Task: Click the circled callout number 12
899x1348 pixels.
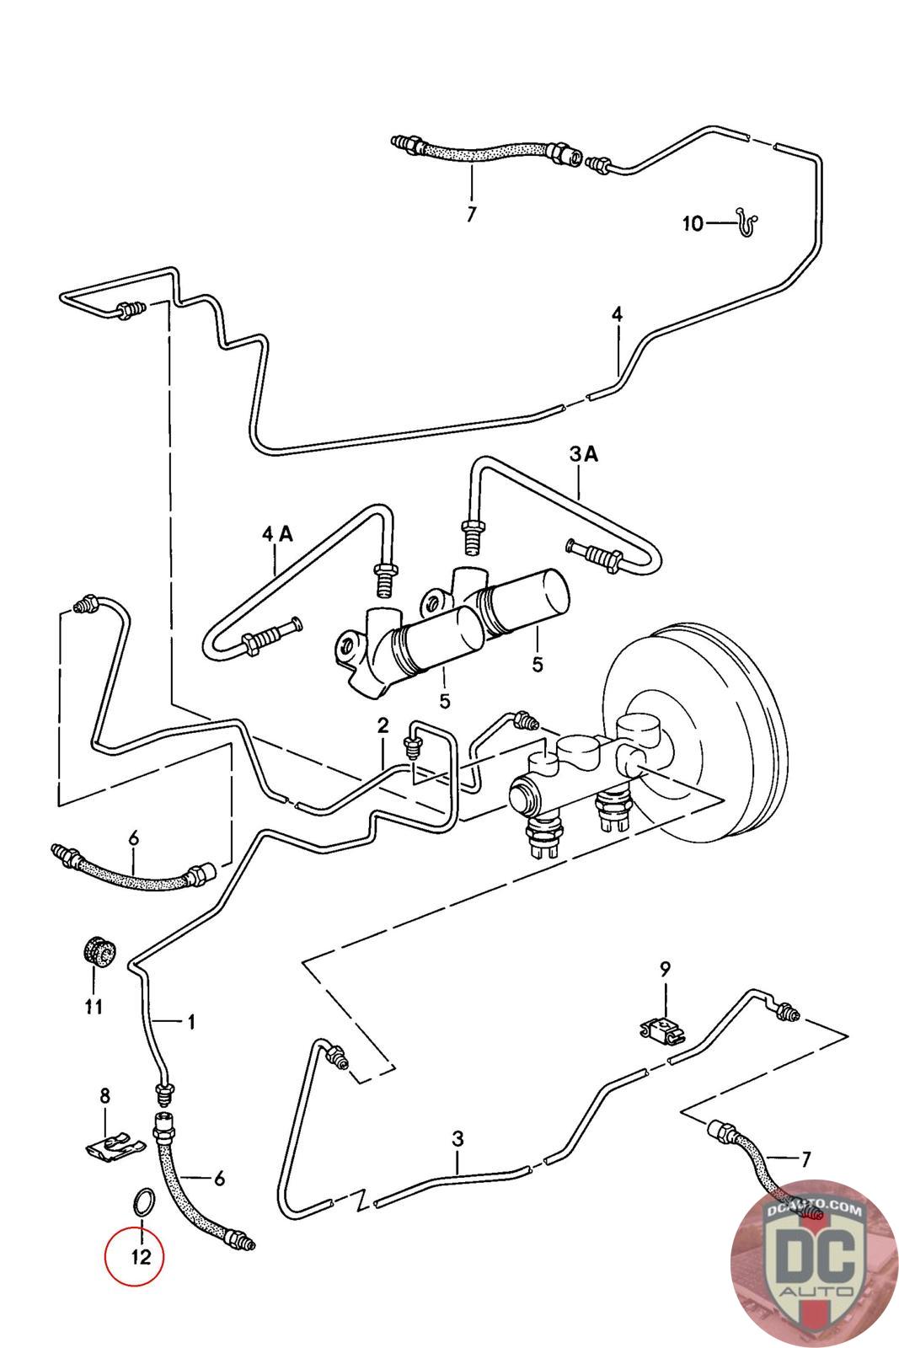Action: coord(140,1257)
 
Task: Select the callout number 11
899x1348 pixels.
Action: coord(94,1006)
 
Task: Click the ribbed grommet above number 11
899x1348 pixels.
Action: coord(98,953)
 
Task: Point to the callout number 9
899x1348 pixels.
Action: coord(664,969)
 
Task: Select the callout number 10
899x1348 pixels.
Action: coord(693,224)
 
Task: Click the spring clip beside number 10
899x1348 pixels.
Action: coord(746,222)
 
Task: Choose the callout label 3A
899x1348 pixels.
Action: coord(584,454)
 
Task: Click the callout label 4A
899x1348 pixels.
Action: coord(277,533)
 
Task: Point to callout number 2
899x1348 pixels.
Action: coord(383,725)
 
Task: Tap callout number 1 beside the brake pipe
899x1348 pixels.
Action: coord(190,1022)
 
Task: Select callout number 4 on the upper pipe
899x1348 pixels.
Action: coord(618,314)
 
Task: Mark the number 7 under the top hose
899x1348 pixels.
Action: coord(471,214)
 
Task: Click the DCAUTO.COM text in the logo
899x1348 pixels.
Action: coord(814,1208)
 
